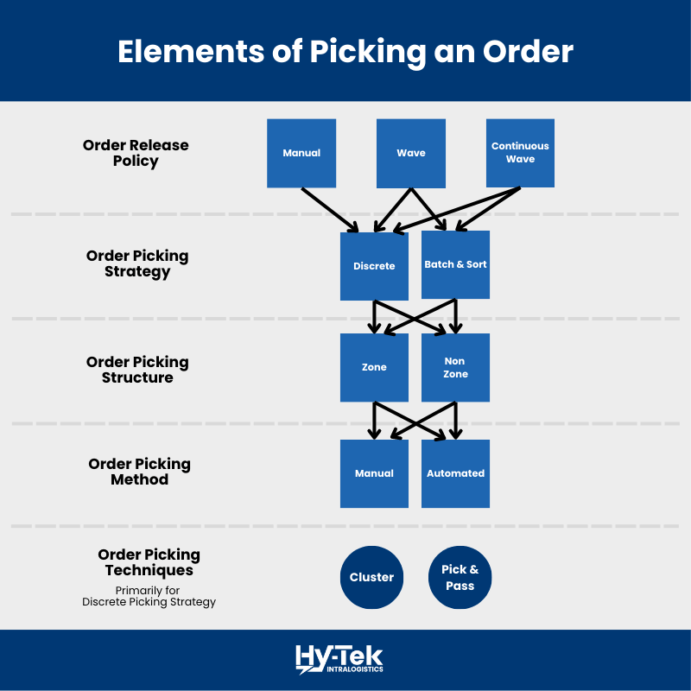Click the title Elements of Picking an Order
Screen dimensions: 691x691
point(345,51)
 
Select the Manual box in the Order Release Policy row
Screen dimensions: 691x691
point(301,153)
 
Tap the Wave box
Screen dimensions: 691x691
point(411,153)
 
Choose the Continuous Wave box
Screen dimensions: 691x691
point(520,153)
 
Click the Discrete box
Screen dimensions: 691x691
point(374,266)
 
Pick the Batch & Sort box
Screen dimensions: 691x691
point(455,264)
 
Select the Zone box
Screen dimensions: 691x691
point(374,367)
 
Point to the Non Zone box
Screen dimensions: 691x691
point(455,367)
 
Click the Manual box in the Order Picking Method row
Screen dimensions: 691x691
point(374,473)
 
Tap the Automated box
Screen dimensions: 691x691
point(455,473)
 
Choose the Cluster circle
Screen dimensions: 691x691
point(371,577)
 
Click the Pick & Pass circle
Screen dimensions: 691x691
point(460,577)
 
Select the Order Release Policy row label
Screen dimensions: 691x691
point(136,153)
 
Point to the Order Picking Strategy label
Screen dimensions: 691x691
point(137,263)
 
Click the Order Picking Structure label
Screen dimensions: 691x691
point(137,370)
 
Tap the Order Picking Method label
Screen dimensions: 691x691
point(139,472)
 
